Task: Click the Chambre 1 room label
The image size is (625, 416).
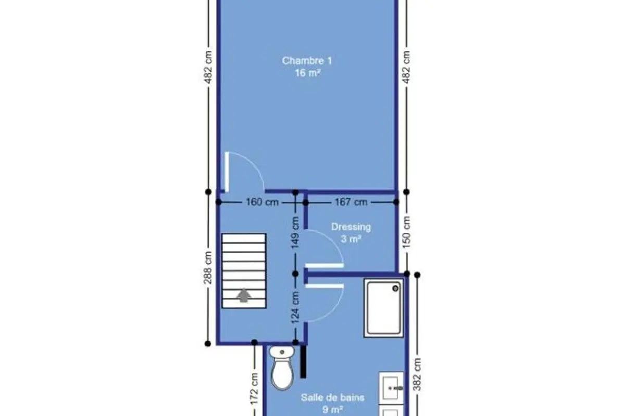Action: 307,61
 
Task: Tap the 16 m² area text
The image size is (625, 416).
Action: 307,73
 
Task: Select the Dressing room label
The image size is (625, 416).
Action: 351,227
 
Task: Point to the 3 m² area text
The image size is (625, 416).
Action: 351,239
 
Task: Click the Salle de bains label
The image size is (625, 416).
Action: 333,397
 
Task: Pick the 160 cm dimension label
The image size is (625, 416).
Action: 262,202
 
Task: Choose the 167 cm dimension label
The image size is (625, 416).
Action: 351,202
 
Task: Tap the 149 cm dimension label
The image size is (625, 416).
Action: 295,232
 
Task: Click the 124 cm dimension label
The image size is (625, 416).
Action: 295,307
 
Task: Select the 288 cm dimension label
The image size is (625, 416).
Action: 208,268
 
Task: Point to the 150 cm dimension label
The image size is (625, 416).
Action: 407,232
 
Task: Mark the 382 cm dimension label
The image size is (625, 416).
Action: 417,374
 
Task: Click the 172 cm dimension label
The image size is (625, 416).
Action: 254,389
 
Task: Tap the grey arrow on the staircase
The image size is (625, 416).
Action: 244,295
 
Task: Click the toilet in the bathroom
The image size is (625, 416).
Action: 282,368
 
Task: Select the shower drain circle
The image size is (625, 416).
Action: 395,289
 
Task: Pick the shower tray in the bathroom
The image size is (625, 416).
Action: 384,308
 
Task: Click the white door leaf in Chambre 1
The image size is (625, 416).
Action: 227,172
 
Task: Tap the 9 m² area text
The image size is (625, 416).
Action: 333,410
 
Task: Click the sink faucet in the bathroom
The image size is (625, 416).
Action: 396,388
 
